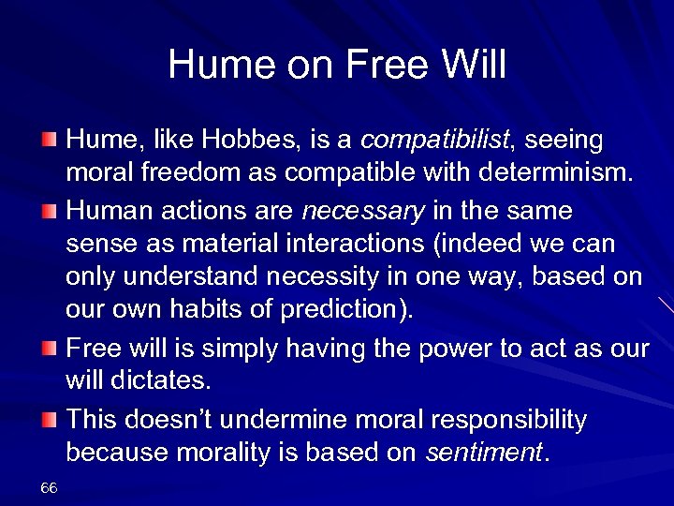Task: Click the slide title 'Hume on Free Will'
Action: [x=337, y=66]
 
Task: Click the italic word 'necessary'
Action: [x=361, y=211]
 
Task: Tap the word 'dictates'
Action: [x=160, y=382]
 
